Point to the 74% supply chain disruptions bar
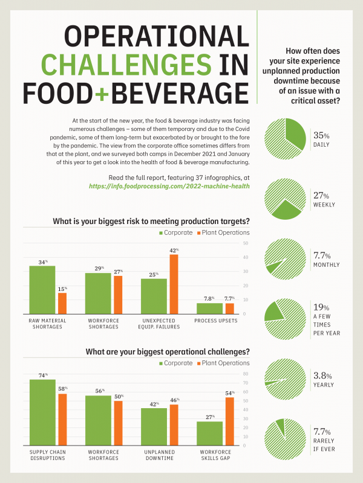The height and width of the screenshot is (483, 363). (42, 412)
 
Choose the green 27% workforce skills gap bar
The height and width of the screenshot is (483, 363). (209, 433)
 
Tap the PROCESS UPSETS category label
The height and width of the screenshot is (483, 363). (216, 321)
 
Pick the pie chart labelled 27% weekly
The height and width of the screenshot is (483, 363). (285, 199)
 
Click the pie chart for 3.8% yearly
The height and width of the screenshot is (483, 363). (285, 379)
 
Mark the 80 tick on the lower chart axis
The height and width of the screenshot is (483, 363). (244, 374)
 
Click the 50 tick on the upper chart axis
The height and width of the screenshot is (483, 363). (244, 243)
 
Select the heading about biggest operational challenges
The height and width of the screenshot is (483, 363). (168, 352)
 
